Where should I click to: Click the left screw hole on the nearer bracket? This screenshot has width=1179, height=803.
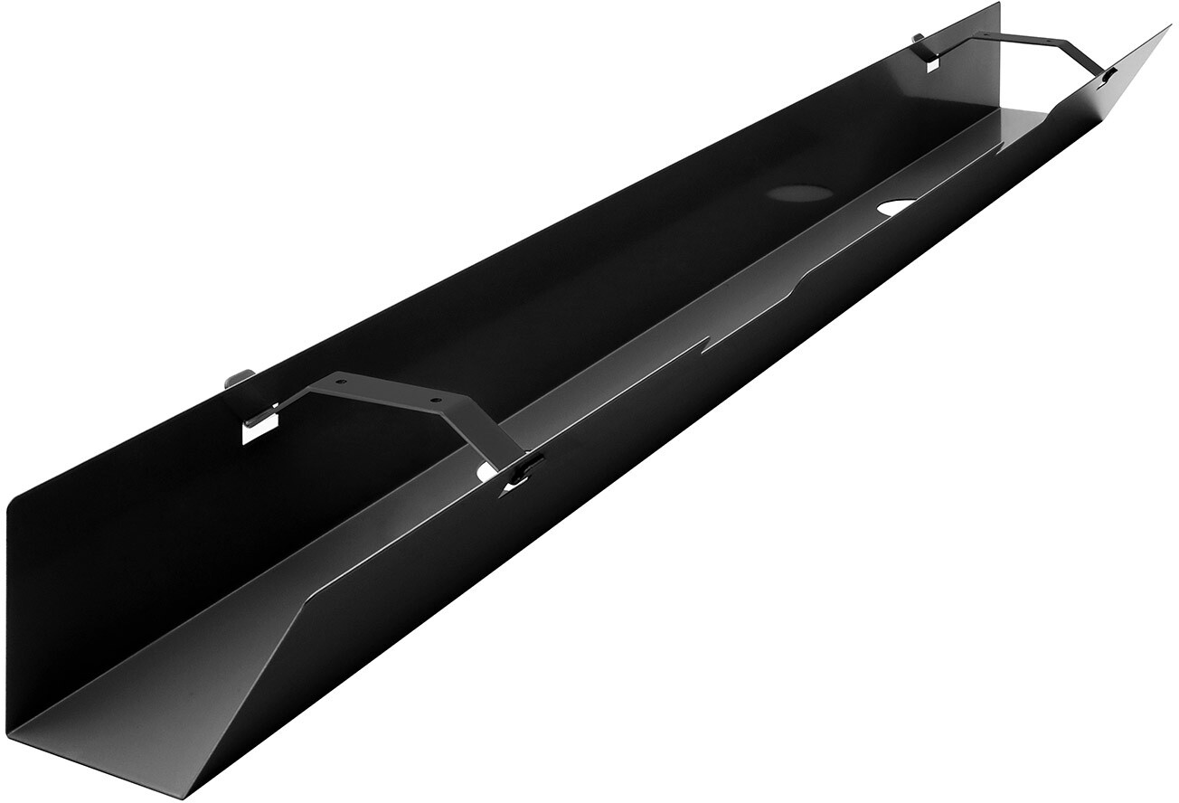coord(341,383)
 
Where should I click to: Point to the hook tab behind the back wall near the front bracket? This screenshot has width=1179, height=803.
coord(238,375)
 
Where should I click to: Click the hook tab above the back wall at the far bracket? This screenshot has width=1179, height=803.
coord(920,39)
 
